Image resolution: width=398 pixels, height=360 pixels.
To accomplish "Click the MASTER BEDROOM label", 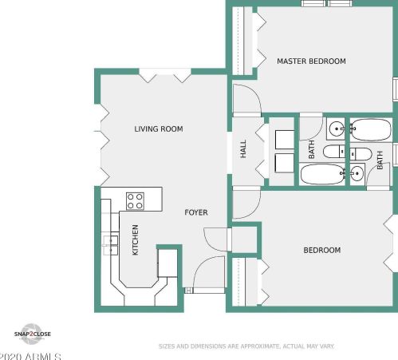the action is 311,61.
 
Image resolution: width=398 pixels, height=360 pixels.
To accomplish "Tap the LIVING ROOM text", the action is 159,129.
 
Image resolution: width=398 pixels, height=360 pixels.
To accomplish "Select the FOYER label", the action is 196,212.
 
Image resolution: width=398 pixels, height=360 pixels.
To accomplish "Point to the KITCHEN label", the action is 136,239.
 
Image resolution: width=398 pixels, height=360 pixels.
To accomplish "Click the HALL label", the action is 243,149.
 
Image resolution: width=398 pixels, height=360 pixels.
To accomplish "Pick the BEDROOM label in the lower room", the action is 322,250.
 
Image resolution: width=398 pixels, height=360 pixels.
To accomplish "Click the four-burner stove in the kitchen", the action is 135,201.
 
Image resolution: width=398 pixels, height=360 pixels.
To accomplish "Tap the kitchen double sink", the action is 111,245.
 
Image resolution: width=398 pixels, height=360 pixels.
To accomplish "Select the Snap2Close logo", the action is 32,334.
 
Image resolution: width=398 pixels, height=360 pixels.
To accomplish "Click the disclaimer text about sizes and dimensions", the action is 246,346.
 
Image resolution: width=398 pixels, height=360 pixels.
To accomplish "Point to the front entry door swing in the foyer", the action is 209,272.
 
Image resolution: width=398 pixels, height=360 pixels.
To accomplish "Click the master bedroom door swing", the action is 247,99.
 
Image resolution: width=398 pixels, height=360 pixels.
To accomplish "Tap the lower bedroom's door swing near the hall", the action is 246,204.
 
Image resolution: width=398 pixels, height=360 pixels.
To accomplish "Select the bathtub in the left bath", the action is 323,174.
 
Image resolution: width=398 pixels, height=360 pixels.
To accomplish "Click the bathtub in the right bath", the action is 371,129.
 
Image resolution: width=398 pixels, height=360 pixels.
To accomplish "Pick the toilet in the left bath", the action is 334,152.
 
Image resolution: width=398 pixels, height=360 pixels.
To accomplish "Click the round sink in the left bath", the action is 336,129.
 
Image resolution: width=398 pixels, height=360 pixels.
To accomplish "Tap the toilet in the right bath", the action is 361,154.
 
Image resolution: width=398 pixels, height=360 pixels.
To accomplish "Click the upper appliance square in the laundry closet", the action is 285,140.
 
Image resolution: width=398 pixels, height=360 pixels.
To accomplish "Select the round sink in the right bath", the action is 357,174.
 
